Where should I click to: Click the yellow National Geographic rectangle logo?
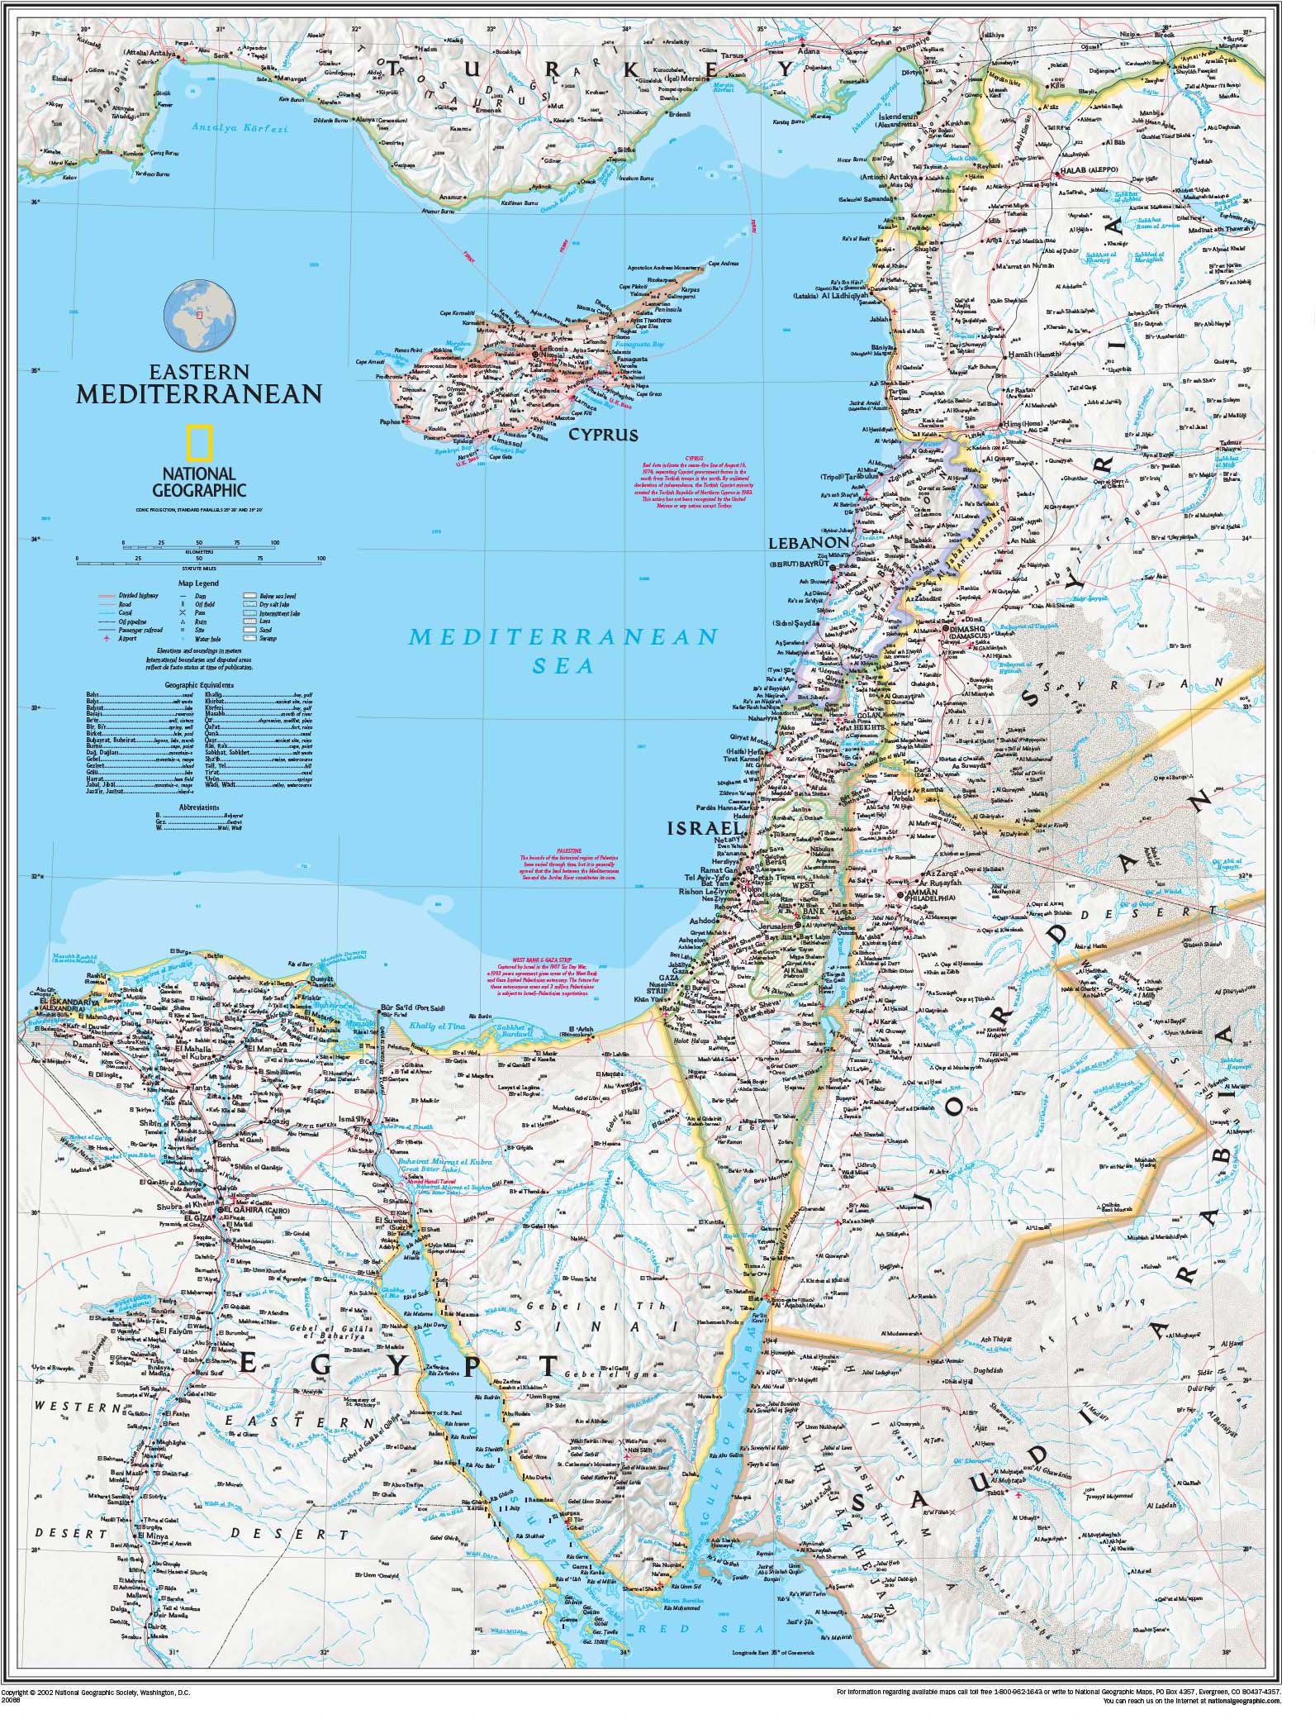197,443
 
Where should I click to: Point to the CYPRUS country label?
609,435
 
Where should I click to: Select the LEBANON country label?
809,543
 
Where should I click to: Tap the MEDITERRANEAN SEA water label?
563,650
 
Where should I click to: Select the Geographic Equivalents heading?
199,685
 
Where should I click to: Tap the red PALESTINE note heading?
569,849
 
